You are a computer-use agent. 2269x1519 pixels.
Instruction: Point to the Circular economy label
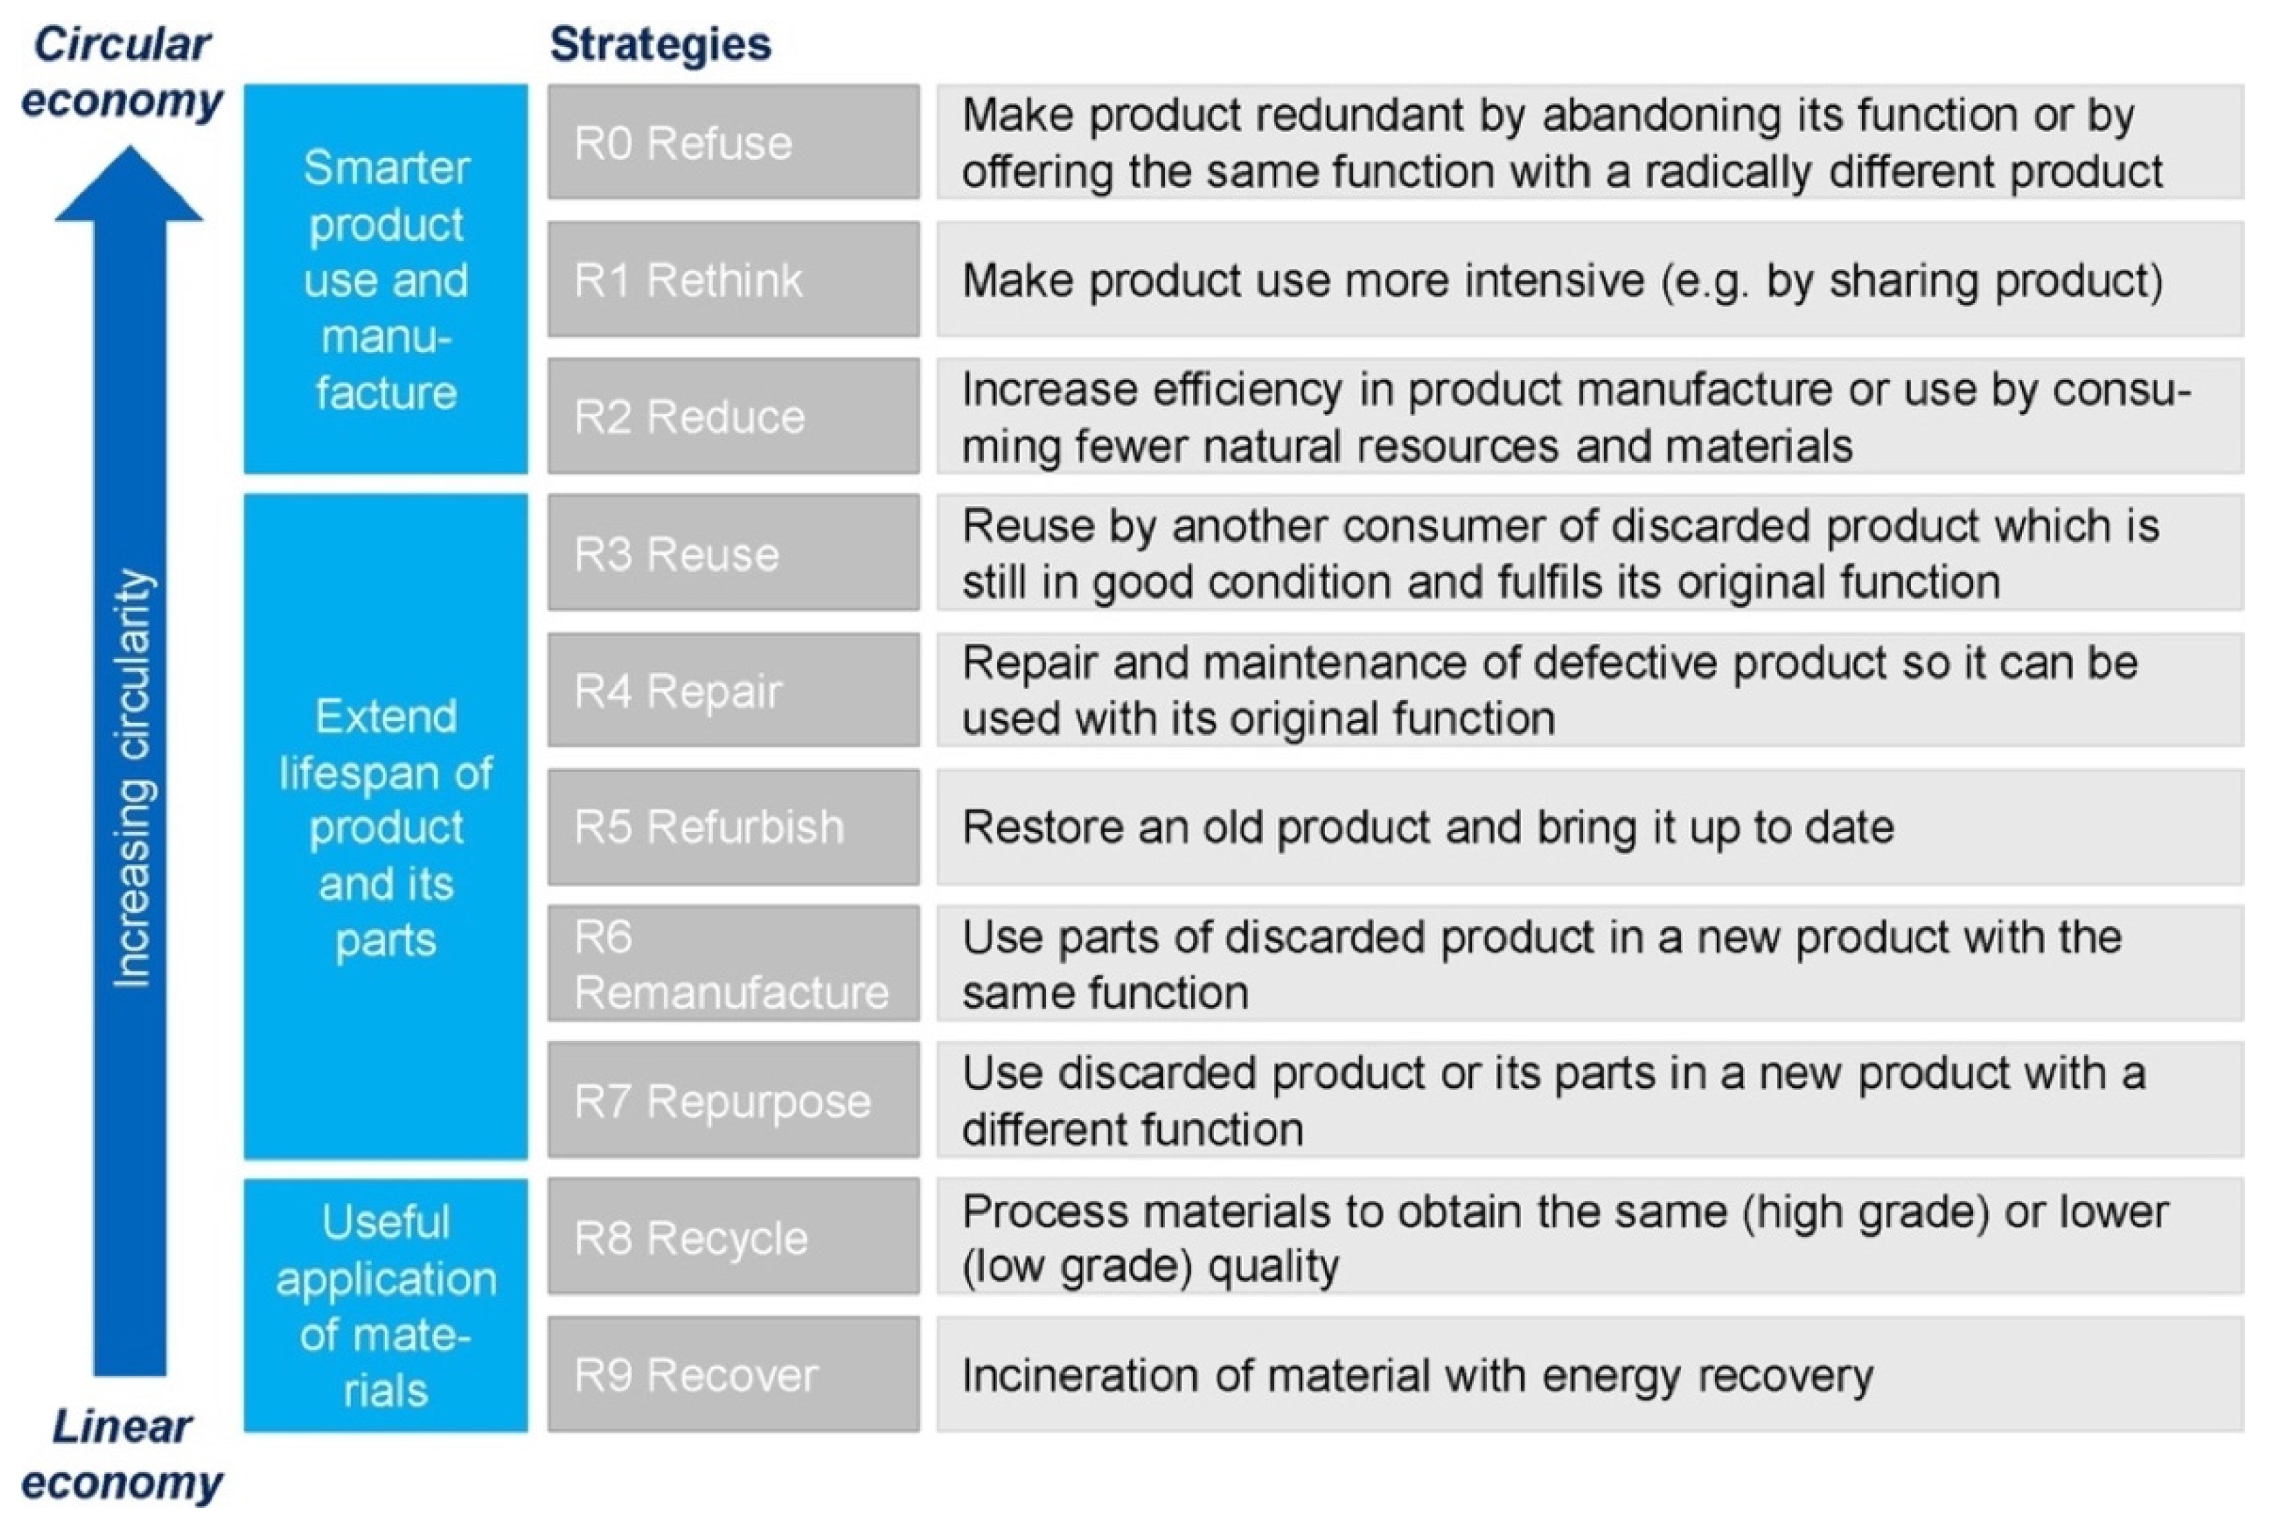pyautogui.click(x=122, y=72)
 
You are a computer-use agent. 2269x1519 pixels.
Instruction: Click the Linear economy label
pyautogui.click(x=122, y=1454)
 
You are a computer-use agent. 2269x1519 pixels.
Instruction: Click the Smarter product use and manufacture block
pyautogui.click(x=386, y=279)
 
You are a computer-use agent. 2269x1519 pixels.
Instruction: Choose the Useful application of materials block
pyautogui.click(x=386, y=1305)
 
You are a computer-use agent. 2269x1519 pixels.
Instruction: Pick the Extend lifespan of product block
pyautogui.click(x=386, y=826)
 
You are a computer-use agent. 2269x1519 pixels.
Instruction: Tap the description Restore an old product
pyautogui.click(x=1427, y=827)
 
